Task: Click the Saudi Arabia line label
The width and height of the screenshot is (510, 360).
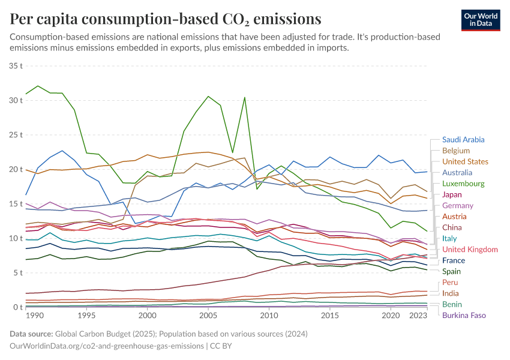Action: [x=463, y=140]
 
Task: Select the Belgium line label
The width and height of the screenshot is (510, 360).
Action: [x=455, y=151]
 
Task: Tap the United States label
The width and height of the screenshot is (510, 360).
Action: [x=465, y=161]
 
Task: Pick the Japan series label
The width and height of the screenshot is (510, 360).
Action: [x=452, y=194]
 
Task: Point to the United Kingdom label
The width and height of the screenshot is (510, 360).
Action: [x=470, y=250]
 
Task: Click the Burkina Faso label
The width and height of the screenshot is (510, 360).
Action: [x=464, y=315]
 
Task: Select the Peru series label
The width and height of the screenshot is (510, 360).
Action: [x=450, y=283]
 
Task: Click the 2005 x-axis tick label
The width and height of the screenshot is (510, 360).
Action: [x=208, y=315]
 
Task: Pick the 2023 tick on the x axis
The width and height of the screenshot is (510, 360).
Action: [x=415, y=315]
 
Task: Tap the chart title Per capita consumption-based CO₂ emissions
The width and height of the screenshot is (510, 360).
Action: [x=165, y=19]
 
